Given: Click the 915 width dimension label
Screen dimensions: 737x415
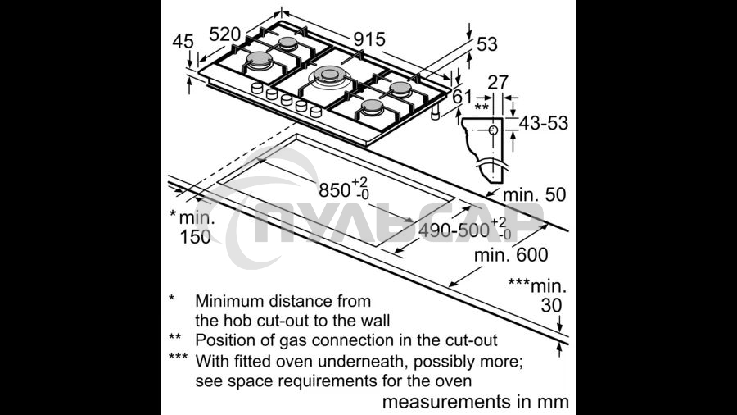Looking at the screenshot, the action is pos(369,39).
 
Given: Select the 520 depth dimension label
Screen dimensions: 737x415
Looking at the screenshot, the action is pos(224,34).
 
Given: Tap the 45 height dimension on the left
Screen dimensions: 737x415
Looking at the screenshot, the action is pos(183,41).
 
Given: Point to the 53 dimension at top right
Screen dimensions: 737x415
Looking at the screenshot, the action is pos(487,44).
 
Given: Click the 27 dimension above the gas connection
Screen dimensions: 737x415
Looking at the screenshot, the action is pos(498,82).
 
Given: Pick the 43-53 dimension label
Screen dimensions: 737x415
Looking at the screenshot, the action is pos(544,123).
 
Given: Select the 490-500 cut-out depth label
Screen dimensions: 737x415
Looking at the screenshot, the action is pos(465,229).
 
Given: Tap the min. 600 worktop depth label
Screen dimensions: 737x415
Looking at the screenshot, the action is pos(511,255).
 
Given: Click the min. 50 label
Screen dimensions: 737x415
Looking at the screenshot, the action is pos(535,194).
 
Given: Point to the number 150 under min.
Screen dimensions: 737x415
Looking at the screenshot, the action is pos(196,237).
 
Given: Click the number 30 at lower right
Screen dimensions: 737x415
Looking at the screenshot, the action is pos(551,305).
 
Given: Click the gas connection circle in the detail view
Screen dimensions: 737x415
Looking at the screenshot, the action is pos(493,130).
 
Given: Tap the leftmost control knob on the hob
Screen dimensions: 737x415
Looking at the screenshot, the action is pos(257,88).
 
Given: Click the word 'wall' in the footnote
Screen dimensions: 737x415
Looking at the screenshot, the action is pos(376,321).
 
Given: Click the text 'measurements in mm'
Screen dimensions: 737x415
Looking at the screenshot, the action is pos(475,402).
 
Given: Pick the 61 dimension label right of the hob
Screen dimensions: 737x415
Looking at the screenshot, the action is pos(462,97).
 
